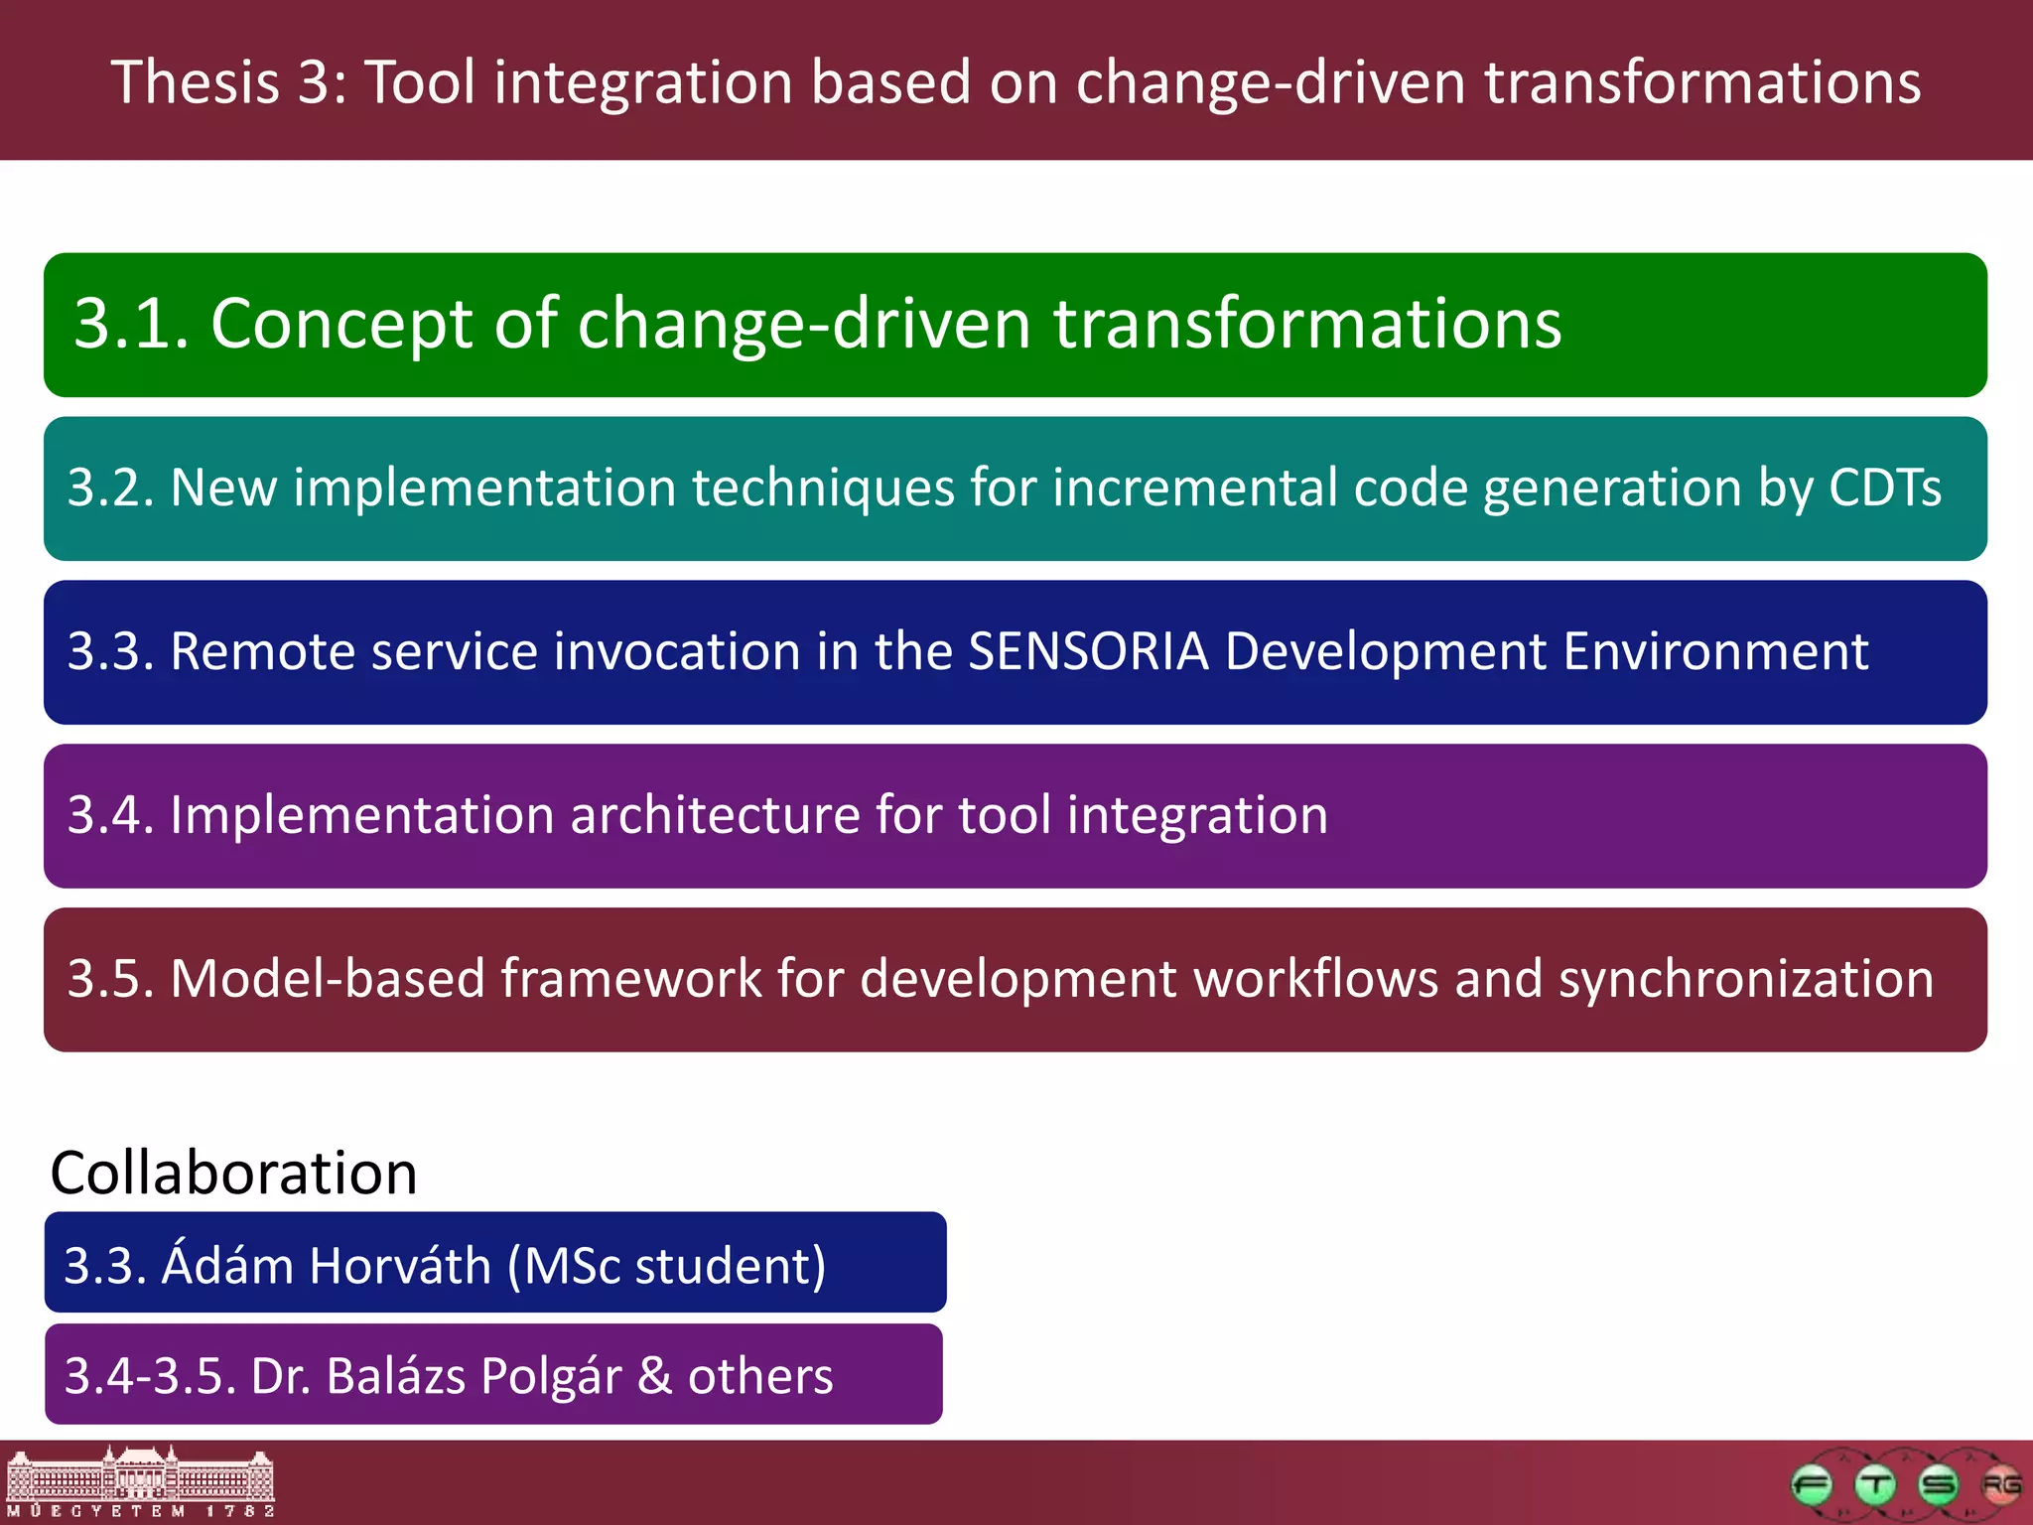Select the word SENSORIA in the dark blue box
pos(1088,652)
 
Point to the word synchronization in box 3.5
pos(1745,979)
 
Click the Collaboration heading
pos(233,1173)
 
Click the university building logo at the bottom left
pos(140,1481)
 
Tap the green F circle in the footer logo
pos(1812,1485)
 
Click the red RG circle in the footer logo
pos(2000,1485)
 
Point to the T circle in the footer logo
pos(1875,1485)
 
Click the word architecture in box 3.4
pos(715,815)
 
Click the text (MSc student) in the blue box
pos(666,1266)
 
